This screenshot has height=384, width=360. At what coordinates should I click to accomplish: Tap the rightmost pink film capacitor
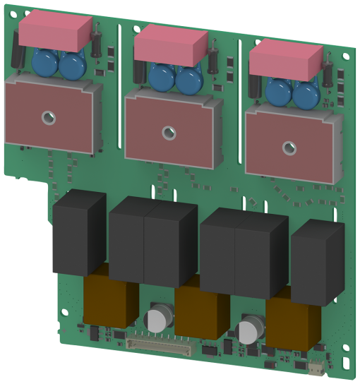point(286,59)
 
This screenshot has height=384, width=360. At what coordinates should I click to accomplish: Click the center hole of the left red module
point(48,118)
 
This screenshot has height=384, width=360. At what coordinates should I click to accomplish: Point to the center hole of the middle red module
point(168,131)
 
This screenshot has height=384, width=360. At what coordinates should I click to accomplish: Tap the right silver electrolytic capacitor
point(250,331)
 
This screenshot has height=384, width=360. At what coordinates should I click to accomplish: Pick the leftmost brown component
point(109,300)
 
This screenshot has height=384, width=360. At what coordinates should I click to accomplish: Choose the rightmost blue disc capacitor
point(306,95)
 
